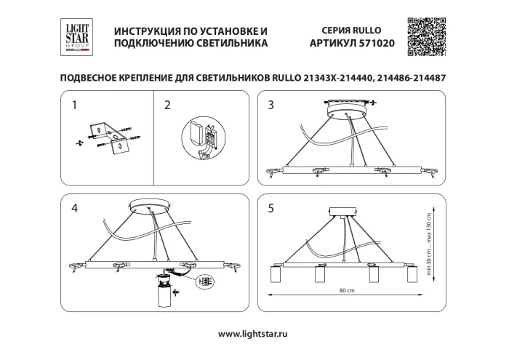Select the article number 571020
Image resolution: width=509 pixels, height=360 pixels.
point(373,44)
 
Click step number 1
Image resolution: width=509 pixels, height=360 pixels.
point(74,105)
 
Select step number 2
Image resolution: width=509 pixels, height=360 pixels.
point(168,105)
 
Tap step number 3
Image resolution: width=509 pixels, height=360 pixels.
point(271,105)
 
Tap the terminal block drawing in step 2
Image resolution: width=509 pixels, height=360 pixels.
point(201,137)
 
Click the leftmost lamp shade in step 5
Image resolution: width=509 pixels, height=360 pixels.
point(276,277)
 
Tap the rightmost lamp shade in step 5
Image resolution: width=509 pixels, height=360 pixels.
point(412,277)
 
